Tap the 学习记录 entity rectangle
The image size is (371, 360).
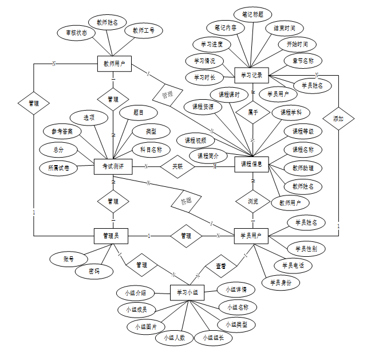(x=251, y=75)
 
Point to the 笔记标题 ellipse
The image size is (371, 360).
(x=252, y=13)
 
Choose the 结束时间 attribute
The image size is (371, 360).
(x=284, y=28)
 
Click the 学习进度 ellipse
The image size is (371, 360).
(x=211, y=44)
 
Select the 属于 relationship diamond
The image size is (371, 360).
(x=252, y=112)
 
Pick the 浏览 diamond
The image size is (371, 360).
(x=252, y=201)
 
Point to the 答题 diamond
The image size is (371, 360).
(x=187, y=201)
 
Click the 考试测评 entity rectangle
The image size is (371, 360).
(x=113, y=166)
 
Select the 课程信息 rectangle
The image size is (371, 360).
(x=251, y=164)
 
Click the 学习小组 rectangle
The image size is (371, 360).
(x=187, y=292)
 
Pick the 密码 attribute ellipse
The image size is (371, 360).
(x=94, y=271)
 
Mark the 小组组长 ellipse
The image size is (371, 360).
(x=213, y=338)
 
